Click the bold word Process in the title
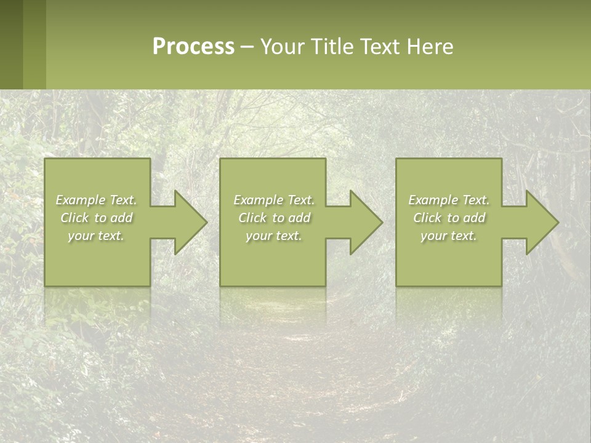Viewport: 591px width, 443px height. [193, 47]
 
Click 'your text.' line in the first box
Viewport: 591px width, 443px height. [96, 236]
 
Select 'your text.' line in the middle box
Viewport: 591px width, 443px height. [273, 236]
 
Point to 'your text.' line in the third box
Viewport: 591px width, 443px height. [448, 236]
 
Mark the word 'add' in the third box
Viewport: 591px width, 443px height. [473, 218]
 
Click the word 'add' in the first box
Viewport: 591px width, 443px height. [121, 218]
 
